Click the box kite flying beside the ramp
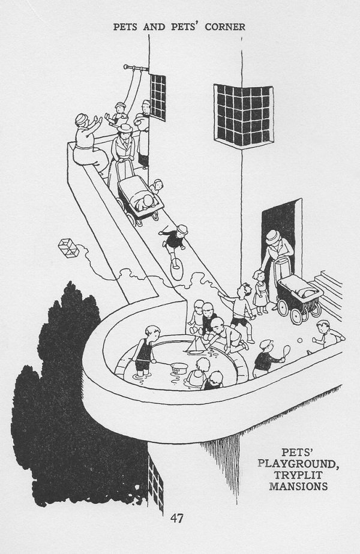pos(68,248)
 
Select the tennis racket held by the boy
pos(286,351)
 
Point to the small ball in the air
pos(300,340)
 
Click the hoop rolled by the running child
pos(176,268)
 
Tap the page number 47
pos(176,518)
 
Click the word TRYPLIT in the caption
pos(299,475)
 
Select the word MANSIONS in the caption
pos(299,486)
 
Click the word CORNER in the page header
pos(225,27)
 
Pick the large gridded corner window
pos(244,116)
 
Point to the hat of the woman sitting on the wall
pos(82,118)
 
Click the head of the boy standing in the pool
pos(152,332)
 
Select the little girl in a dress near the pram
pos(260,292)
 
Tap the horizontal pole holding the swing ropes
pos(136,67)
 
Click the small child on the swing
pos(119,114)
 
